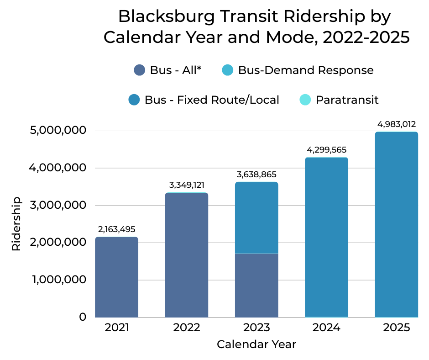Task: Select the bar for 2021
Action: (x=116, y=277)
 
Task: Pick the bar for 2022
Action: (x=187, y=255)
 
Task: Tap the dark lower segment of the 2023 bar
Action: (x=256, y=286)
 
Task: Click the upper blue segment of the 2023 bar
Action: (x=256, y=218)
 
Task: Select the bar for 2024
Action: (x=326, y=238)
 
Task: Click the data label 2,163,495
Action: (x=116, y=229)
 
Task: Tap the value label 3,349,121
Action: (x=187, y=185)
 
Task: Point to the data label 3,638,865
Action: (x=256, y=175)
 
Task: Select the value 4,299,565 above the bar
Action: (x=326, y=150)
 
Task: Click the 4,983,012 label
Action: (x=396, y=124)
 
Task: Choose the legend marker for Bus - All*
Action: (x=139, y=70)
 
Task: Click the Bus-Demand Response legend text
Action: (x=306, y=70)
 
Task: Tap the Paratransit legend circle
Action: (x=305, y=100)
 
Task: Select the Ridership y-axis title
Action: (x=16, y=224)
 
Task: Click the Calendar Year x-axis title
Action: (x=256, y=344)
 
